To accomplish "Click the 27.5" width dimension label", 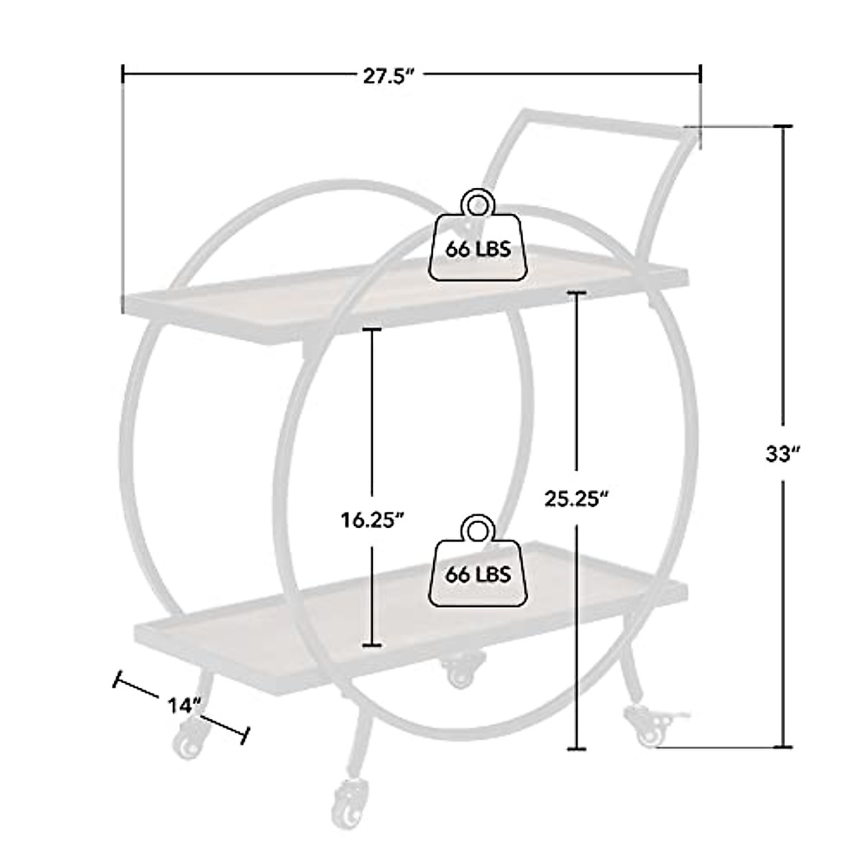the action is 386,76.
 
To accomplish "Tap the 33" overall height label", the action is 782,453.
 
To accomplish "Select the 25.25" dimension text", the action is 577,499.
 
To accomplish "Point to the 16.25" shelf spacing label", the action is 373,520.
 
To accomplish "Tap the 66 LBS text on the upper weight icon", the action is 478,250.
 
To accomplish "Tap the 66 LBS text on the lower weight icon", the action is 478,575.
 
